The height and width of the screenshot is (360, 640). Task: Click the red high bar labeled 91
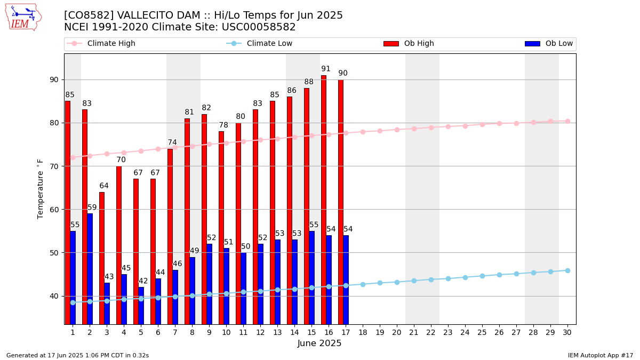(x=324, y=199)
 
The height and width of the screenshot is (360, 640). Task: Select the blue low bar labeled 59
(x=90, y=269)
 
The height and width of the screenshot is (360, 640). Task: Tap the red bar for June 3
(x=102, y=258)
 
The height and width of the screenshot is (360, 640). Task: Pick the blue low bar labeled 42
(x=141, y=306)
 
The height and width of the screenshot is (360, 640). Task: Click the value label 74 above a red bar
(x=172, y=142)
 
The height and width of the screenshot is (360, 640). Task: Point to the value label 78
(x=223, y=125)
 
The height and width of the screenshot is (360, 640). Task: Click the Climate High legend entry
(x=101, y=43)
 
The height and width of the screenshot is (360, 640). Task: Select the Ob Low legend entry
(x=549, y=43)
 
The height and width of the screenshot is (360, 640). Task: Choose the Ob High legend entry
(x=409, y=43)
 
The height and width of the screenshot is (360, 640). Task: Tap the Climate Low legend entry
(x=259, y=43)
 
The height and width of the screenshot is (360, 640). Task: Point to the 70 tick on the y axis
(x=54, y=166)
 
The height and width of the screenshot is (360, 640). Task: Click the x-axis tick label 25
(x=482, y=332)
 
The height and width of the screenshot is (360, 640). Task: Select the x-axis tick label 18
(x=363, y=332)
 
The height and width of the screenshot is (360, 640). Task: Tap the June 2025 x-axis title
(x=319, y=343)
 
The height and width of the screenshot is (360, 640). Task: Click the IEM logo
(x=23, y=18)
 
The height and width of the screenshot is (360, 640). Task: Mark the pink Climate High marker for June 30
(x=567, y=122)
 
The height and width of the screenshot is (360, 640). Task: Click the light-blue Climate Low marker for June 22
(x=431, y=279)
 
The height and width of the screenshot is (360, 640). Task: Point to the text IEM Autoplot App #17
(x=601, y=355)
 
